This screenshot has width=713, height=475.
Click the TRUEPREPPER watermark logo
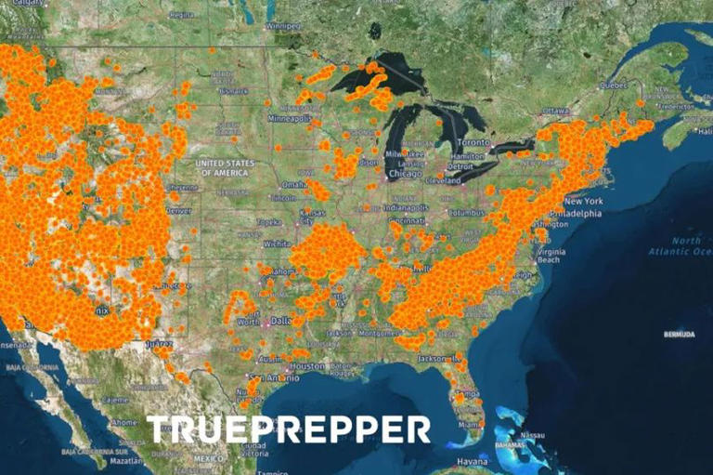click(289, 429)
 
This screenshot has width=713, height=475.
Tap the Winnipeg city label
click(284, 26)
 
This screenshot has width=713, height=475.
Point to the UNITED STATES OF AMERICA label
click(224, 168)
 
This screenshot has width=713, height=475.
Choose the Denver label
click(179, 210)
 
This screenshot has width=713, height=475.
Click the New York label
click(583, 201)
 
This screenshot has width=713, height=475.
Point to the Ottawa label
click(556, 111)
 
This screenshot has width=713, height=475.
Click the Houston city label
click(306, 366)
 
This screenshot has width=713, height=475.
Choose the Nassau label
click(530, 435)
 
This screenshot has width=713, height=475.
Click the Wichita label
click(276, 244)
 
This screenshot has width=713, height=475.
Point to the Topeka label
click(268, 222)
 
